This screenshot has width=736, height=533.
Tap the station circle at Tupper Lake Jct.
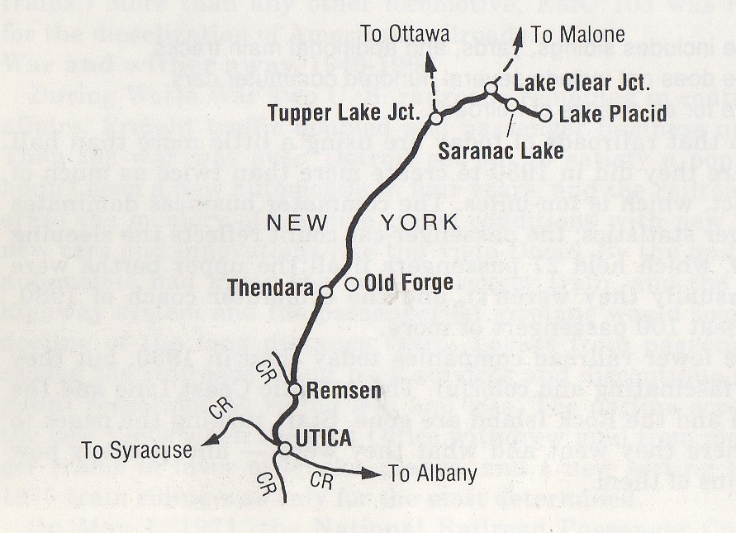[436, 119]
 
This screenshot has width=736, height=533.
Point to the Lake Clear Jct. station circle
[491, 88]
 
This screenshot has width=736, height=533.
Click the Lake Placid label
[613, 115]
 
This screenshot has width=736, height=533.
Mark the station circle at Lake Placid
[544, 116]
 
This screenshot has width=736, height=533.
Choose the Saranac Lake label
[501, 151]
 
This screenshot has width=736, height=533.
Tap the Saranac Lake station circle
[512, 104]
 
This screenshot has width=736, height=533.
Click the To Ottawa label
[405, 34]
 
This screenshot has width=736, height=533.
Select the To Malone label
[577, 35]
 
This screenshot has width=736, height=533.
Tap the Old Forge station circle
[351, 284]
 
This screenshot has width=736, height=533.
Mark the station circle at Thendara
[325, 292]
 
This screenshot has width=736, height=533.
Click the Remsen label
[332, 390]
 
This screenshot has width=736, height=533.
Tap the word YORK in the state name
[418, 221]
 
